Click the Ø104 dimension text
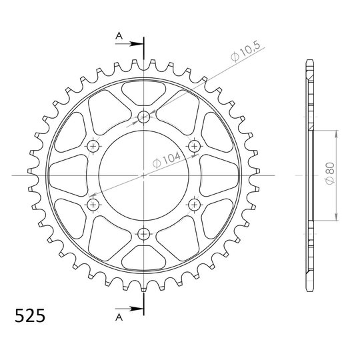click(167, 159)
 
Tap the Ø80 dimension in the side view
click(330, 173)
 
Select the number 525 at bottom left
click(30, 316)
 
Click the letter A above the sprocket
click(119, 35)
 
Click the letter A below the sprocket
click(119, 317)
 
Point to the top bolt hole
click(144, 117)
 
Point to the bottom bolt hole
click(144, 234)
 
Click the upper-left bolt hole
click(93, 146)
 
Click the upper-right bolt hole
click(195, 146)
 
